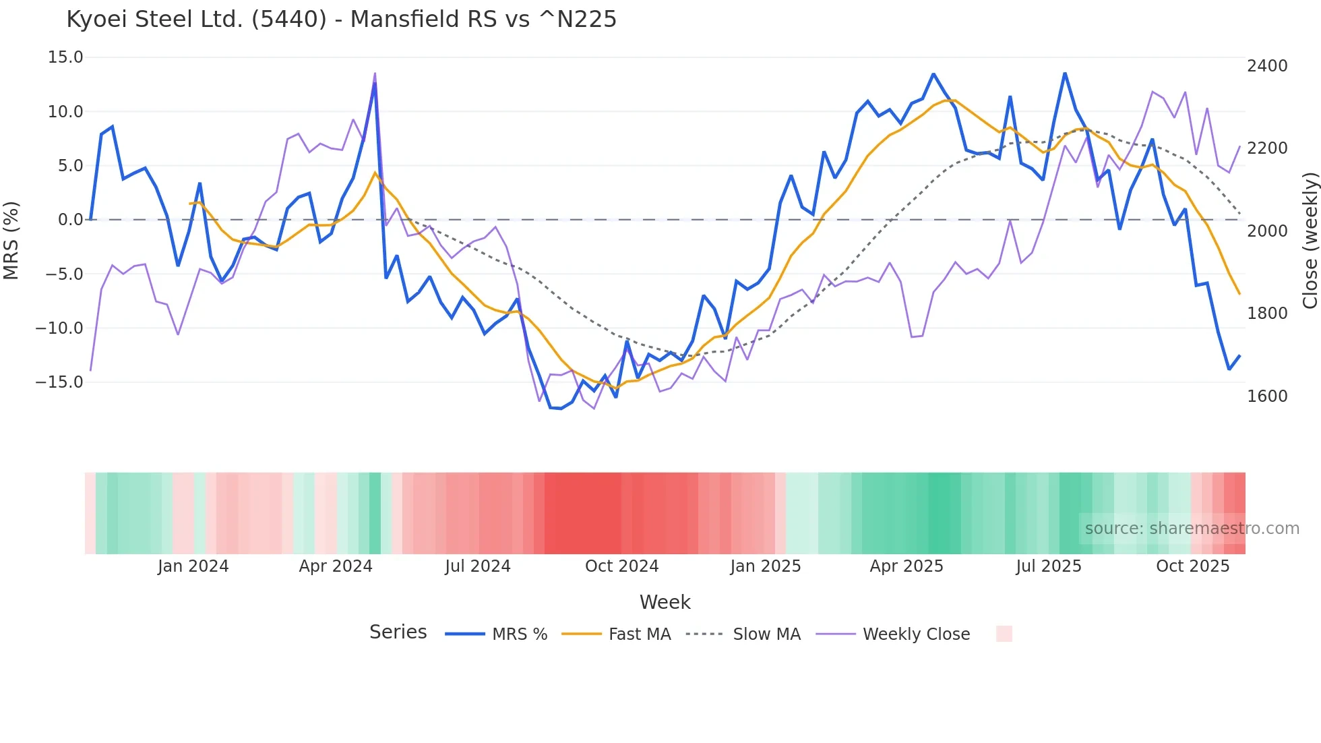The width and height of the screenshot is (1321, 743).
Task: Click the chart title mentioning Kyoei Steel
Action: coord(341,20)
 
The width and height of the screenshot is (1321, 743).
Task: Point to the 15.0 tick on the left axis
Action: coord(65,57)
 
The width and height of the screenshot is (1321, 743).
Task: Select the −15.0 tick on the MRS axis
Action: coord(59,382)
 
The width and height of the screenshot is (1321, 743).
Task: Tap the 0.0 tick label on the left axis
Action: coord(70,220)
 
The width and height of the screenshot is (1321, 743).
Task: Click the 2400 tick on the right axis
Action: coord(1267,66)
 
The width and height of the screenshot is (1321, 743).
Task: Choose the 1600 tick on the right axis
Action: coord(1267,396)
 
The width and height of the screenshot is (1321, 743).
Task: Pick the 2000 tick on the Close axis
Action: coord(1267,231)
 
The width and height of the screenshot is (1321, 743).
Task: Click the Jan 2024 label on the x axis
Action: coord(193,566)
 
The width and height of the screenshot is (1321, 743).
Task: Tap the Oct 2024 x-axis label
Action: coord(621,566)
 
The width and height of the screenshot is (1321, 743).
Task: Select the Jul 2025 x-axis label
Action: coord(1049,566)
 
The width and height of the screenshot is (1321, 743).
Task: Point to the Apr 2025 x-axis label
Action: coord(907,566)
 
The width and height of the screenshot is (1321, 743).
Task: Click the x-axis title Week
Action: coord(665,602)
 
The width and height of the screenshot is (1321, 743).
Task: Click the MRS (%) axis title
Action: coord(11,241)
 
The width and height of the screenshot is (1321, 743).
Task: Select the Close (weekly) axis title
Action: coord(1310,241)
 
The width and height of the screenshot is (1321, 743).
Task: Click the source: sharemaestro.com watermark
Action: coord(1192,529)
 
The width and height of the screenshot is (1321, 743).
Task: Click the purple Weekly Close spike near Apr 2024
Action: coord(375,74)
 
